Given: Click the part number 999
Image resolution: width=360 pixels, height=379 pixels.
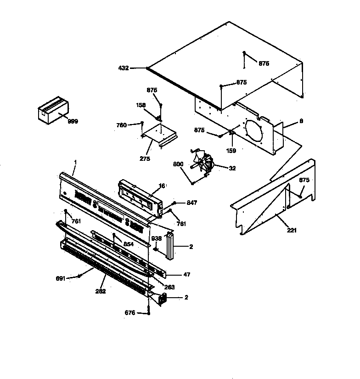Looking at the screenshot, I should click(x=73, y=121).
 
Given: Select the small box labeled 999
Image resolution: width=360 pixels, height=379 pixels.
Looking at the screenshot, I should click(x=52, y=110).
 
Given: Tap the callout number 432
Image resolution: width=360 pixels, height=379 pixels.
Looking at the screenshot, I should click(x=123, y=68).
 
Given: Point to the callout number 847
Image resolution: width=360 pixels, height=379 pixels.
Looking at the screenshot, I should click(x=192, y=202).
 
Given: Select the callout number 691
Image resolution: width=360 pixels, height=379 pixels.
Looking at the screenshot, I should click(x=61, y=278).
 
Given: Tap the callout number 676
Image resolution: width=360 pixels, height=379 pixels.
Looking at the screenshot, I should click(x=130, y=313).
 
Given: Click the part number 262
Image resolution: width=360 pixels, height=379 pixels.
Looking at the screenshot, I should click(x=101, y=291).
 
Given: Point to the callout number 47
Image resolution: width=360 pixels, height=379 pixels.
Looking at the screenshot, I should click(x=186, y=274).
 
